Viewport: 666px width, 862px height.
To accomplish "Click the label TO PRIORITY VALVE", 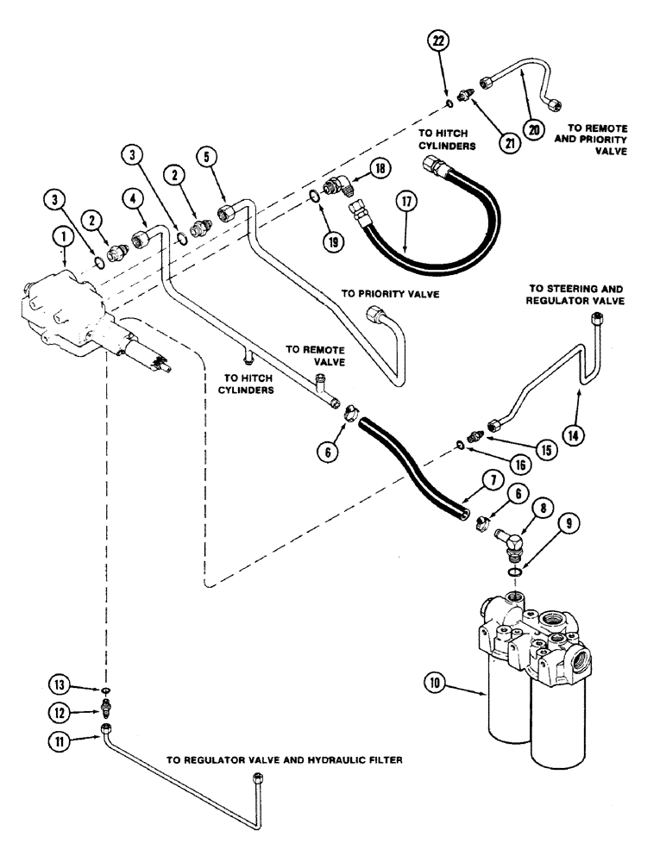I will [x=390, y=293].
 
